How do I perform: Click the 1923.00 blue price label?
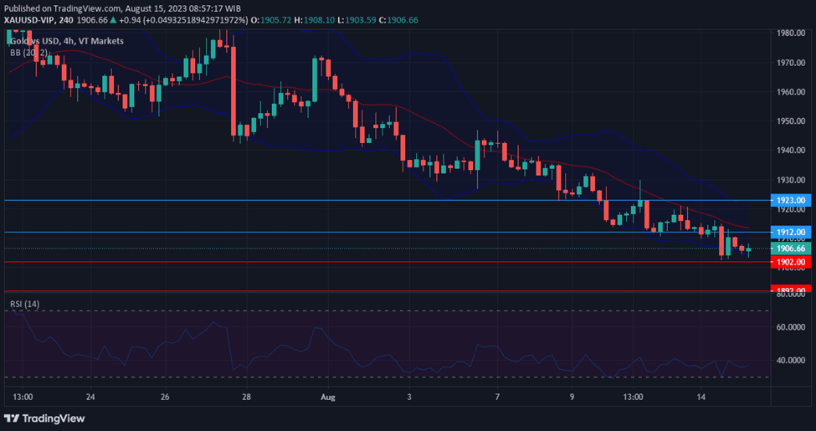point(790,201)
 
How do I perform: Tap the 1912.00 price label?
point(790,232)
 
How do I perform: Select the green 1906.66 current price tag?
point(790,249)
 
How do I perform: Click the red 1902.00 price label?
point(790,262)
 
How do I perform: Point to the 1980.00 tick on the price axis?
point(790,33)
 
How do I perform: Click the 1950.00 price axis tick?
point(790,121)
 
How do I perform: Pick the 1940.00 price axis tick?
point(790,151)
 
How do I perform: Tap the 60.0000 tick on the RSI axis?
point(790,327)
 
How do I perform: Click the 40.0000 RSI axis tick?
point(790,361)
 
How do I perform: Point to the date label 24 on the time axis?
point(90,397)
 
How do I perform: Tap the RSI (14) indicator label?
point(24,303)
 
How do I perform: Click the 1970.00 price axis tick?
point(790,63)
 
